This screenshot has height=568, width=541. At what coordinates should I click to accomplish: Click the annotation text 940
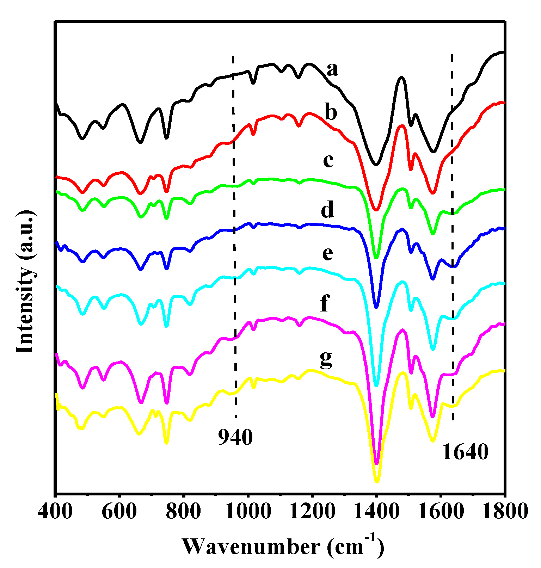pos(235,438)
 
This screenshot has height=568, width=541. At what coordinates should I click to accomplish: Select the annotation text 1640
pos(465,452)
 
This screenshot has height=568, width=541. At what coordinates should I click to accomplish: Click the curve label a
pos(332,69)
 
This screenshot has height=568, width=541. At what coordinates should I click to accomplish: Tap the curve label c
pos(328,161)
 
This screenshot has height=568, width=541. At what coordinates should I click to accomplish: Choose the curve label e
pos(327,253)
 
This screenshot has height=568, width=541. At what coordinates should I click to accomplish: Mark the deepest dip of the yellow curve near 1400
pos(376,481)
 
